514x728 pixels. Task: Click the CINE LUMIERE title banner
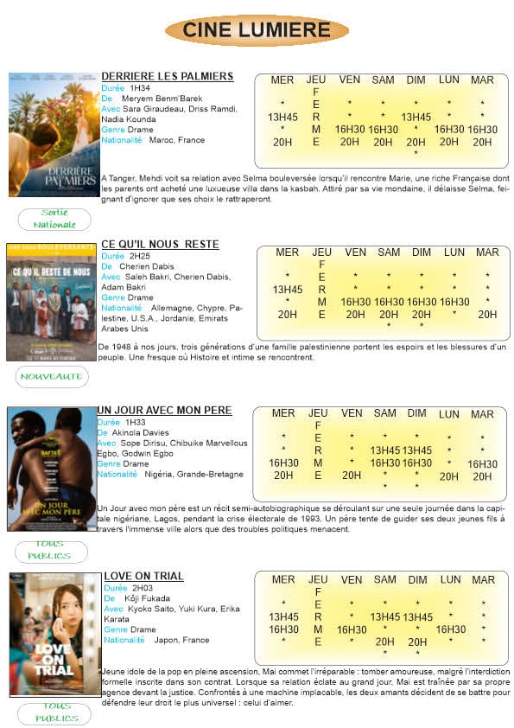tap(257, 30)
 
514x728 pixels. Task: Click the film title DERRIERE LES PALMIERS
tap(168, 76)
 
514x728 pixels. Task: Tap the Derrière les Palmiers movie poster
tap(54, 135)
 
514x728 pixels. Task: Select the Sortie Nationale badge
tap(54, 219)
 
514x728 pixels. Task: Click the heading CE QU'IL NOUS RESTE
tap(160, 245)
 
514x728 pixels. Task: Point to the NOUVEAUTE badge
tap(53, 376)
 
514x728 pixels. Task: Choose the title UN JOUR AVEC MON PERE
tap(164, 410)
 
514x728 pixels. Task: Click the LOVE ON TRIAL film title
tap(143, 576)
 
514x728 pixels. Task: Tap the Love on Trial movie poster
tap(55, 635)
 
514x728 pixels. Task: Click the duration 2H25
tap(139, 257)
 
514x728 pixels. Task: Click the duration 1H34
tap(139, 88)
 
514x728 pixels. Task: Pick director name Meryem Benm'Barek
tap(168, 99)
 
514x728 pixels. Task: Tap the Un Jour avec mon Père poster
tap(53, 469)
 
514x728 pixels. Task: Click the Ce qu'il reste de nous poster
tap(51, 302)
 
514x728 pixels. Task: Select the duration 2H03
tap(143, 588)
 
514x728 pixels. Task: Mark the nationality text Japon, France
tap(179, 640)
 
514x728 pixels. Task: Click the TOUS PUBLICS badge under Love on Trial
tap(53, 712)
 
